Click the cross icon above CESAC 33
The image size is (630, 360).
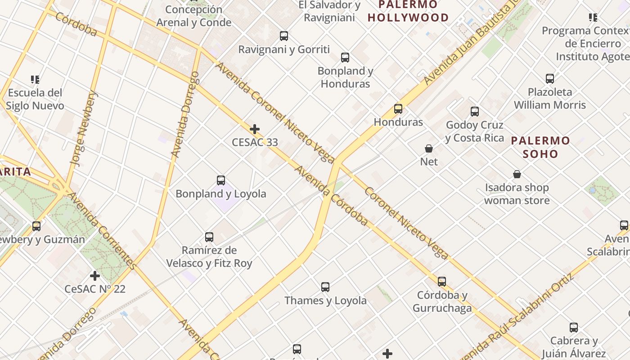click(x=255, y=130)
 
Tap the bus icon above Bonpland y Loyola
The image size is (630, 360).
click(x=221, y=180)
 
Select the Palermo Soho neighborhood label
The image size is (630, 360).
click(x=540, y=147)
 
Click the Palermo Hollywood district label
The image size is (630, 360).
click(x=408, y=11)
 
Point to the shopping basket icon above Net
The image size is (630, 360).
click(x=429, y=148)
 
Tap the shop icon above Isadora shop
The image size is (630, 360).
click(x=517, y=174)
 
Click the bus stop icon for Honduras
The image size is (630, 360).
click(x=398, y=109)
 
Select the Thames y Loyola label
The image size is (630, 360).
click(x=325, y=301)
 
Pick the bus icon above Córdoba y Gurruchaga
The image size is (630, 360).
click(x=442, y=282)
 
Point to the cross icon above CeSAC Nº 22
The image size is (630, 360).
click(x=95, y=275)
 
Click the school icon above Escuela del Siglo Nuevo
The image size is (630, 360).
click(x=35, y=80)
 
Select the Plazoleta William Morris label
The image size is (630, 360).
click(x=550, y=99)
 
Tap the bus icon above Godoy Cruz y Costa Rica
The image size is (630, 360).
click(x=475, y=112)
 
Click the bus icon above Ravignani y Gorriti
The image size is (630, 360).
click(x=284, y=36)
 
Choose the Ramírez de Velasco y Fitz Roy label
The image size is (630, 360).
click(x=209, y=256)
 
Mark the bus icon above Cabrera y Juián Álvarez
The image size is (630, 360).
click(x=574, y=328)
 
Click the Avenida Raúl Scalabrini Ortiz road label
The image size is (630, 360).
click(x=522, y=315)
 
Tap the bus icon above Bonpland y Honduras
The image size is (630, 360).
click(x=345, y=58)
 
